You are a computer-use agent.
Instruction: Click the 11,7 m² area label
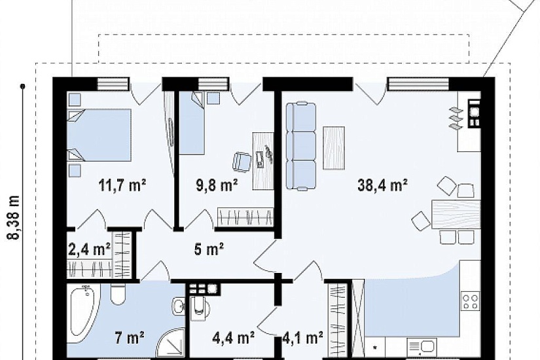click(x=122, y=185)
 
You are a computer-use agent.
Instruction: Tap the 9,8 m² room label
click(x=217, y=185)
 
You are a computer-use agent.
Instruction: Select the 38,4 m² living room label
click(x=383, y=185)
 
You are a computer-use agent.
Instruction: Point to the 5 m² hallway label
click(x=209, y=249)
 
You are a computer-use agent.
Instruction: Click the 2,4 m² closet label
click(x=89, y=249)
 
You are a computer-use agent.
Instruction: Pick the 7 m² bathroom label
click(x=129, y=337)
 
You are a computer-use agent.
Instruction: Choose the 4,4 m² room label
click(x=234, y=337)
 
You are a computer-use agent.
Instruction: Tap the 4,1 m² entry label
click(x=302, y=337)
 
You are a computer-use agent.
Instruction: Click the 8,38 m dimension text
click(x=14, y=217)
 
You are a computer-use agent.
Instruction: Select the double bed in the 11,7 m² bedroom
click(x=99, y=135)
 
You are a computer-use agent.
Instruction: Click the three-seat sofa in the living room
click(x=301, y=146)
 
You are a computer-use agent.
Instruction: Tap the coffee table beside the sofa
click(x=334, y=148)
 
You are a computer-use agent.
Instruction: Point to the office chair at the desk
click(x=242, y=161)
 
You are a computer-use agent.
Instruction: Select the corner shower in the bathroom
click(x=171, y=343)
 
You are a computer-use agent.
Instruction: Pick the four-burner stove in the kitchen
click(x=471, y=300)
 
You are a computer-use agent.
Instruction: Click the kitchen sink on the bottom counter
click(x=422, y=347)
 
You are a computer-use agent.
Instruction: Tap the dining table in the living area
click(x=456, y=214)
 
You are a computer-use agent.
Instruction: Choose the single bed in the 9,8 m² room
click(x=192, y=122)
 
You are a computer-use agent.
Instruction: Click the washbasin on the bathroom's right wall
click(x=179, y=305)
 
